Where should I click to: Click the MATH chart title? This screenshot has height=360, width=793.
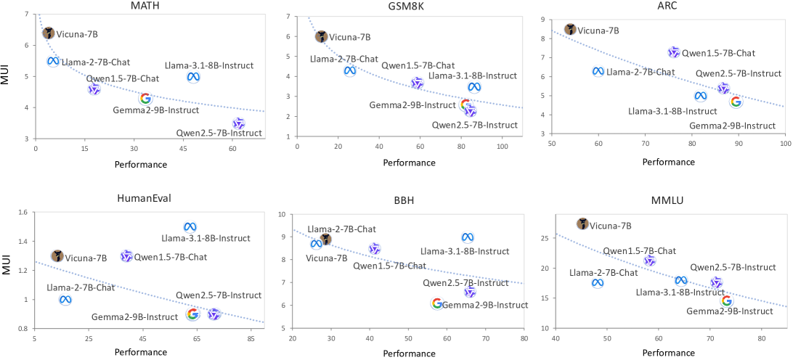pyautogui.click(x=144, y=6)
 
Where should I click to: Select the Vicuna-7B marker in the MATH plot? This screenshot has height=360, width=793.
pyautogui.click(x=49, y=33)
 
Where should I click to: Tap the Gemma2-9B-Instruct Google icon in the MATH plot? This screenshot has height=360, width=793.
pyautogui.click(x=145, y=98)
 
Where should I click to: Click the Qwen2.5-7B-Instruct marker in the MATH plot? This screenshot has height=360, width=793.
pyautogui.click(x=239, y=124)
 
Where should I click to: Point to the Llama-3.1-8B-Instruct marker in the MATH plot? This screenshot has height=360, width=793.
pyautogui.click(x=193, y=77)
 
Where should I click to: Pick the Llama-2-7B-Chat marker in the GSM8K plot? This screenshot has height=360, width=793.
pyautogui.click(x=350, y=70)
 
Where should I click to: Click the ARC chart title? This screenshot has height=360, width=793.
pyautogui.click(x=668, y=6)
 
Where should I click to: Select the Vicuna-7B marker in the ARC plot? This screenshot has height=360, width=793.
pyautogui.click(x=570, y=29)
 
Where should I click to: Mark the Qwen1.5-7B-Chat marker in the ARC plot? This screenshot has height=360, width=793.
pyautogui.click(x=674, y=52)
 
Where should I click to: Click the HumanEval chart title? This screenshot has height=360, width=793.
pyautogui.click(x=144, y=199)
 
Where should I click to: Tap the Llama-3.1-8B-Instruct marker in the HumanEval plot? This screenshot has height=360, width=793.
pyautogui.click(x=190, y=227)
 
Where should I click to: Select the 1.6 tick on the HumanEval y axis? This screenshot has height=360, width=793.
pyautogui.click(x=22, y=213)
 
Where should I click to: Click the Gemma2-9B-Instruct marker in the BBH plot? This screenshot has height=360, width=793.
pyautogui.click(x=436, y=303)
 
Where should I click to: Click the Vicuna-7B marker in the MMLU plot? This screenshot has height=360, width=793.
pyautogui.click(x=582, y=224)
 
